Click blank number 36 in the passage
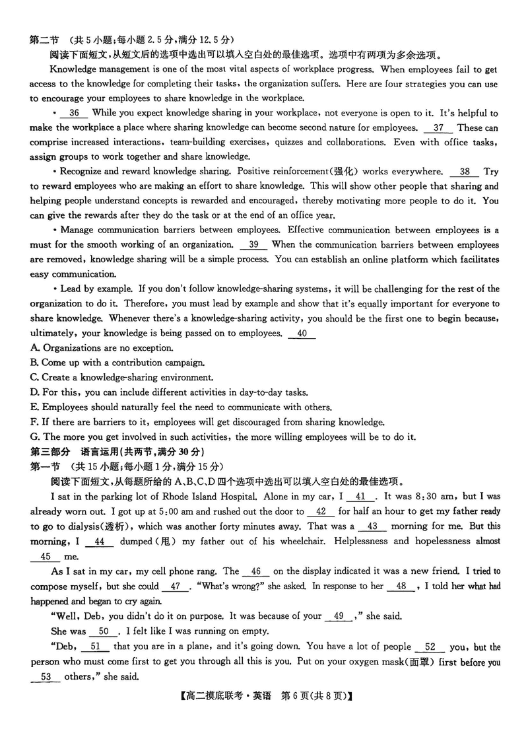point(74,114)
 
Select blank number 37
point(438,127)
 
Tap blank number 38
point(465,172)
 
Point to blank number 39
point(253,244)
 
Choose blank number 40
point(302,334)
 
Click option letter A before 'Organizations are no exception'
point(34,348)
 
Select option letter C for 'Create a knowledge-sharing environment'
point(34,378)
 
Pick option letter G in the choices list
point(35,437)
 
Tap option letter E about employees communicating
point(34,408)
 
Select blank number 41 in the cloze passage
point(360,497)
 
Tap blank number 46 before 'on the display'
point(256,571)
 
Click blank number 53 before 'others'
point(45,677)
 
